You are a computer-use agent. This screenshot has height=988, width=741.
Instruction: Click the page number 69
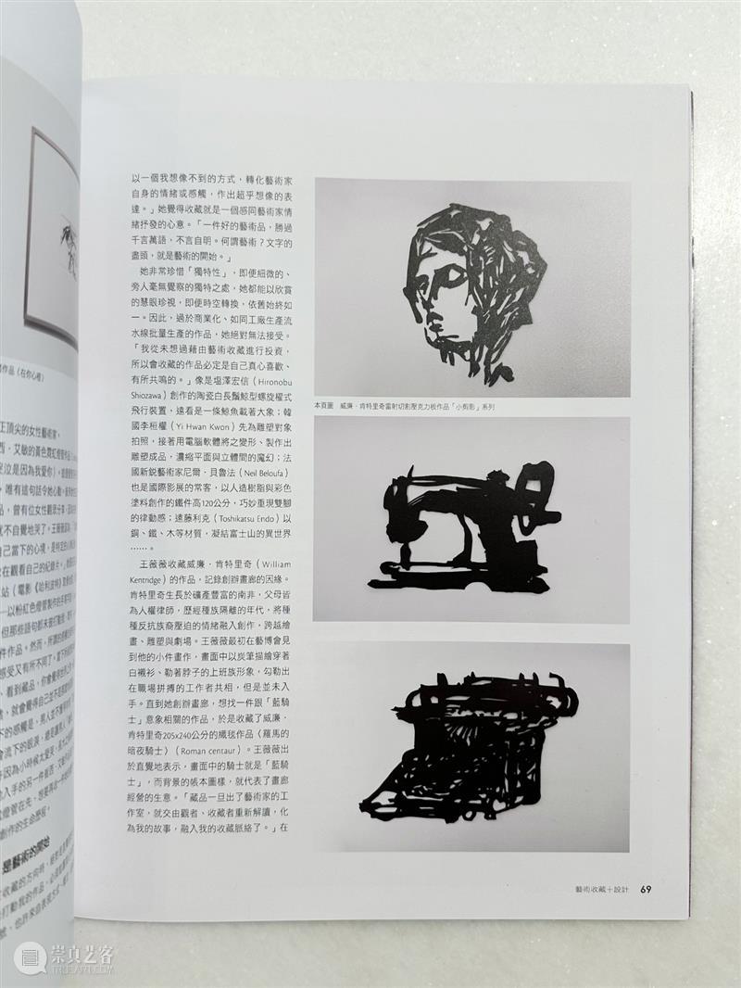[647, 890]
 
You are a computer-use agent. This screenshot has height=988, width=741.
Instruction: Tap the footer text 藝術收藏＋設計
[601, 890]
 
